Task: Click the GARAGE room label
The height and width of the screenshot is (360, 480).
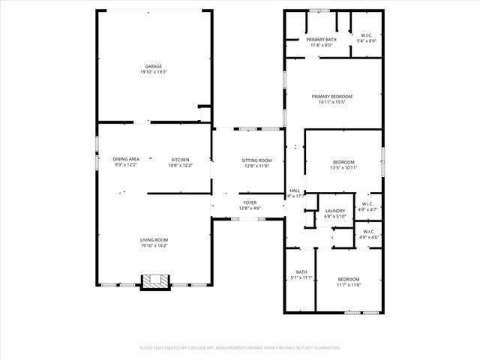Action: pos(154,66)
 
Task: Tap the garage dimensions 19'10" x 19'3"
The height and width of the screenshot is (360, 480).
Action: pos(154,73)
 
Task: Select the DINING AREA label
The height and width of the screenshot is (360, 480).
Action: pos(126,159)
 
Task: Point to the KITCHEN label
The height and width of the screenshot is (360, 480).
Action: pos(180,159)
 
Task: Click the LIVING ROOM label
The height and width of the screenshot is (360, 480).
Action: pos(154,239)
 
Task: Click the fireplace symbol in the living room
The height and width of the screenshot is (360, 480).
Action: pos(156,281)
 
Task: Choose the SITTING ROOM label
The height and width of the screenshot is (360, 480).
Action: pos(256,160)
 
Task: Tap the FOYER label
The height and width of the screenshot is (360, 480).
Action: pos(249,202)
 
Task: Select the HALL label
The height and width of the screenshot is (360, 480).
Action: pos(295,190)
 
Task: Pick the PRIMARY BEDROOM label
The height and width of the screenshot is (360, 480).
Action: pos(332,96)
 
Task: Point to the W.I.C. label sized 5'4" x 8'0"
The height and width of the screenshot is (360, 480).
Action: pos(367,35)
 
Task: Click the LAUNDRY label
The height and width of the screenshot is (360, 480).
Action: pos(334,211)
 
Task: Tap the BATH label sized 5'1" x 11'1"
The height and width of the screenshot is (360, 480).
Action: pos(301,271)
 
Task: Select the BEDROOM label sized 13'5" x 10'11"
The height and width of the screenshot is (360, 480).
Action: pos(343,162)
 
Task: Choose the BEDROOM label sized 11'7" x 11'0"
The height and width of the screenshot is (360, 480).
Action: pos(348,279)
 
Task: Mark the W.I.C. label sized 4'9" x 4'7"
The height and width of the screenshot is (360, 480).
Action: pos(367,204)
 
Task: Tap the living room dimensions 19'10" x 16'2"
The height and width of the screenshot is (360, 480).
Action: pos(154,245)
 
